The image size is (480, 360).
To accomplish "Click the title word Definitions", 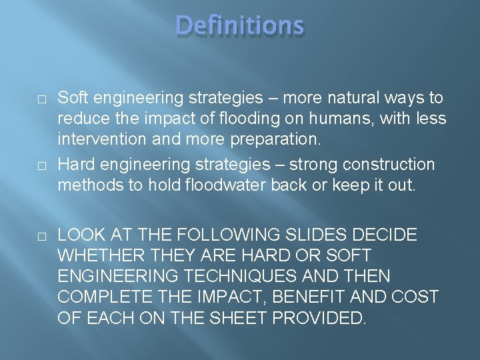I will (x=240, y=26).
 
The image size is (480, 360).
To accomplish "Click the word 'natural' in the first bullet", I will (x=341, y=98).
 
